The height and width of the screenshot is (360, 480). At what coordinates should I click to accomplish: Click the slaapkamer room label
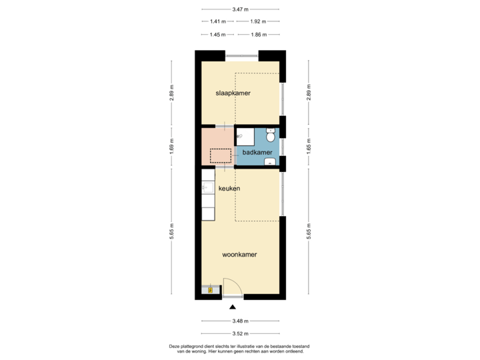233,93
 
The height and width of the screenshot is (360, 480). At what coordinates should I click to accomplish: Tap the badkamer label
257,152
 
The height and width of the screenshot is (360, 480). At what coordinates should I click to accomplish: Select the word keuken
229,189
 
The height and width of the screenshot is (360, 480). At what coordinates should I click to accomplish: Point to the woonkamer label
240,254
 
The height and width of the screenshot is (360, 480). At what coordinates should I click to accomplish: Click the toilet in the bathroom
270,136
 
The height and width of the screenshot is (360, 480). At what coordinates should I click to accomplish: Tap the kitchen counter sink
207,189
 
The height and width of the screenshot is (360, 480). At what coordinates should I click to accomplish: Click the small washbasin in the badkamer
269,161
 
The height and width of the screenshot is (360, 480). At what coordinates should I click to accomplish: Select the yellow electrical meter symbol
211,289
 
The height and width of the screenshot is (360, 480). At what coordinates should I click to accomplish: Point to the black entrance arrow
232,307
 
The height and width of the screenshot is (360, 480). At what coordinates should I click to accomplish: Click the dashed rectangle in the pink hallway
221,156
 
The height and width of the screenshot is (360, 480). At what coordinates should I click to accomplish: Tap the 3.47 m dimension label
240,9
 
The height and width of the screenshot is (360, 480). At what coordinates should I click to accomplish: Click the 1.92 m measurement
258,21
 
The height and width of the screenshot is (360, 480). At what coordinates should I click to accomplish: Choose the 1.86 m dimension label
258,34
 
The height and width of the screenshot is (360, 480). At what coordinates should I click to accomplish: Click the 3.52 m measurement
240,333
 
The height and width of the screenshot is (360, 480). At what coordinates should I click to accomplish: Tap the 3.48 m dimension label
240,321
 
